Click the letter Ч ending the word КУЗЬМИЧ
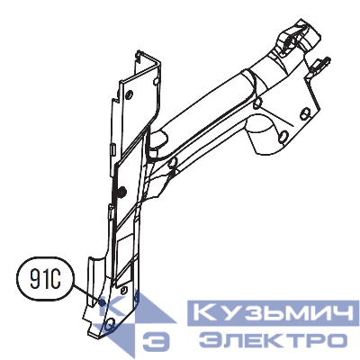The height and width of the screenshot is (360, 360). [x=335, y=315]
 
